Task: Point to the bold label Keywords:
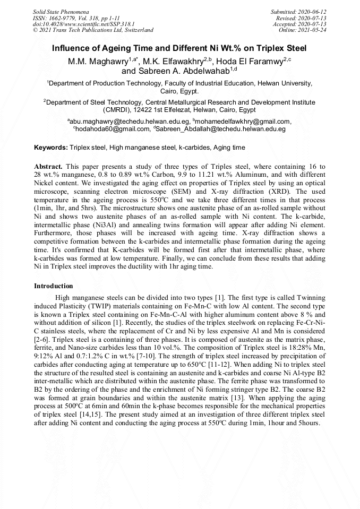coord(51,147)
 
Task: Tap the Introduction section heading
coord(54,286)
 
